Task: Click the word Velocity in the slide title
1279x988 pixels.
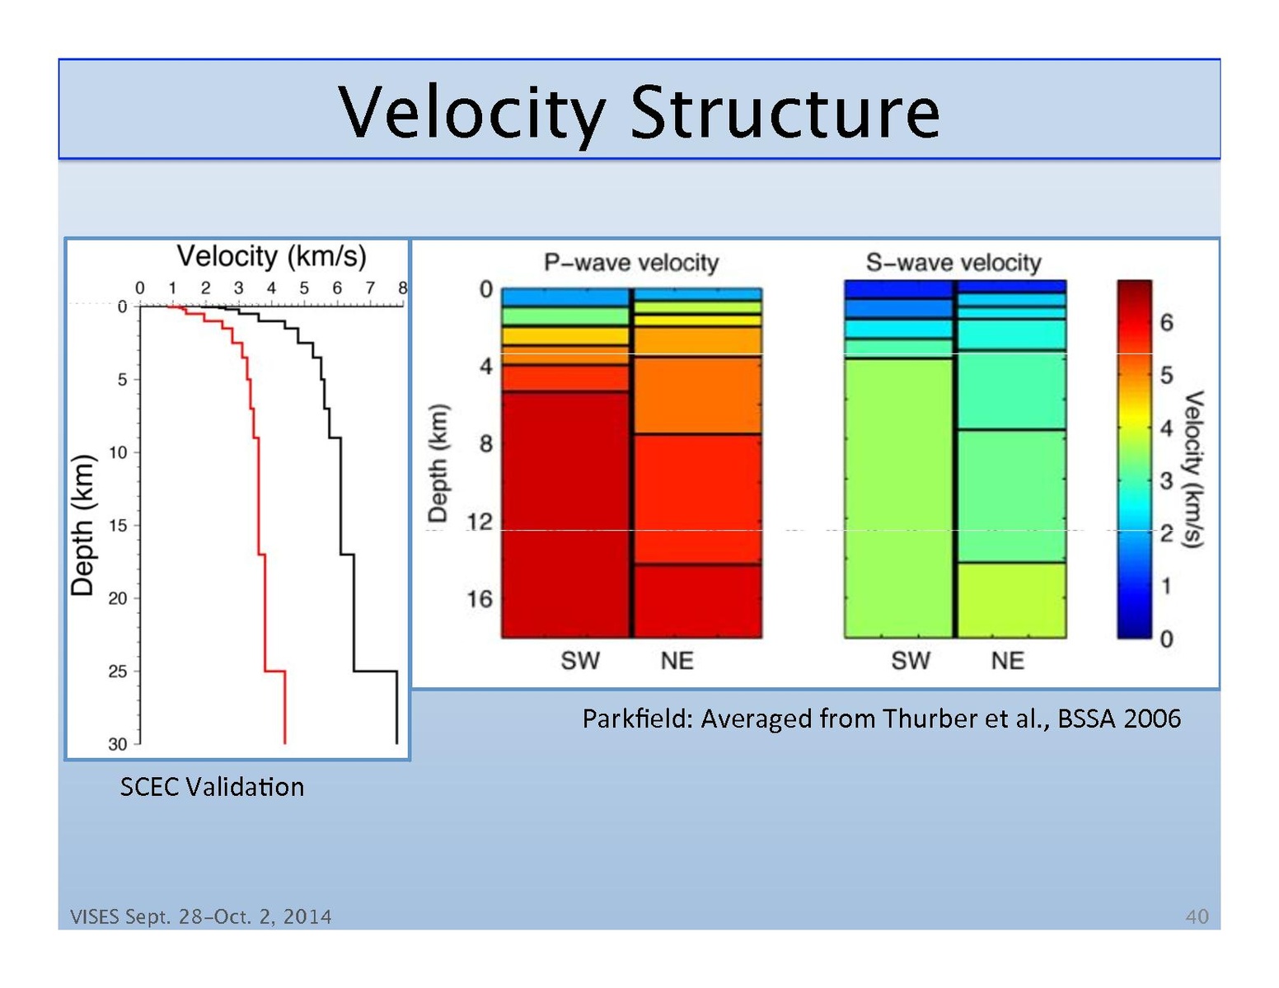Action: click(471, 113)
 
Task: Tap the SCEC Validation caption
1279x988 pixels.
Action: click(212, 787)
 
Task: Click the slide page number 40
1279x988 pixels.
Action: click(1197, 916)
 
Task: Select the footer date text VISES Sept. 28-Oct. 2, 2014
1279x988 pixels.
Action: click(201, 916)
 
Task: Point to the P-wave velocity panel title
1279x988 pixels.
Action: click(631, 263)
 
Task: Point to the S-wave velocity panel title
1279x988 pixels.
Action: click(953, 263)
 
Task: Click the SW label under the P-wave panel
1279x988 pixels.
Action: click(580, 660)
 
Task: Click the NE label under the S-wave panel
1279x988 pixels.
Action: click(1007, 660)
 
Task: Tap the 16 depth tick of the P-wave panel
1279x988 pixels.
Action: click(480, 599)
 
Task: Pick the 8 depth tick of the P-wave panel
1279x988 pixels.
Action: click(486, 444)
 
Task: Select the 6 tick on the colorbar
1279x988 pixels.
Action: click(1166, 322)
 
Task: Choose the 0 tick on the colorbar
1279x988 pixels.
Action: click(1166, 639)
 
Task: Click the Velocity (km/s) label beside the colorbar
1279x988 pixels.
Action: click(1193, 469)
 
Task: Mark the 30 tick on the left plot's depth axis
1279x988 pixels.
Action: click(118, 744)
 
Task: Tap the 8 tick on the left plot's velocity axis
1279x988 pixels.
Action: click(403, 288)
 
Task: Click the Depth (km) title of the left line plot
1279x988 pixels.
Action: click(82, 525)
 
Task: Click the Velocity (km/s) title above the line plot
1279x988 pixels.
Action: click(271, 256)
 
